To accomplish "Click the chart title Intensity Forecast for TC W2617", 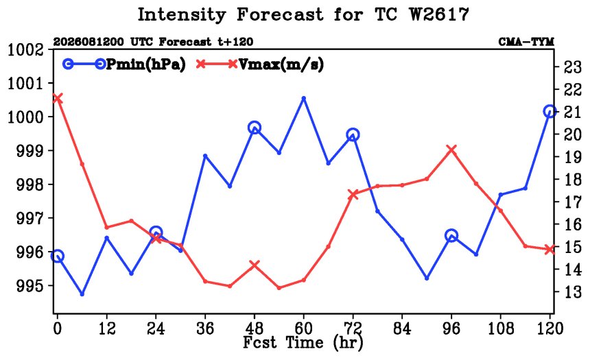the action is point(303,15).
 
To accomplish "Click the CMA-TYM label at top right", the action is point(526,41).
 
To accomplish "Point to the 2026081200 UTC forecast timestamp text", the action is point(153,41).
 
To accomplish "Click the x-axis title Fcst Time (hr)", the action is point(303,342).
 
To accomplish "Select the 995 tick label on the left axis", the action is point(34,286).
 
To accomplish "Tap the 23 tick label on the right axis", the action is point(572,67).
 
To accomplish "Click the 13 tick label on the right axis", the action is point(572,291).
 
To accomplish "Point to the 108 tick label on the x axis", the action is point(500,328).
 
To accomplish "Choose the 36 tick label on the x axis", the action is point(205,328).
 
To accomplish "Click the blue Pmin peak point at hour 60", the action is point(304,99).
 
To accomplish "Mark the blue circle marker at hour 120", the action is point(550,111).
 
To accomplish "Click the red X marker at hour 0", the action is point(57,99).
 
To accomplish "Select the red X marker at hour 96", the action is point(451,149).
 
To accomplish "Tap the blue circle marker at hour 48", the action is point(255,128).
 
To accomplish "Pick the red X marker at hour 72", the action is point(353,195).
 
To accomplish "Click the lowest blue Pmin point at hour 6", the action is point(82,293).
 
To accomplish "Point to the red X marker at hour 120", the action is point(550,249).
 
